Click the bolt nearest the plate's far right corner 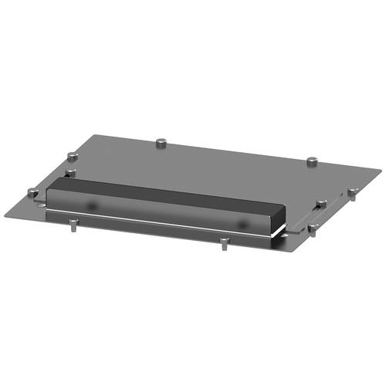pos(312,161)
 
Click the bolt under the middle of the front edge pos(223,244)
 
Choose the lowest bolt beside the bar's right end pos(313,228)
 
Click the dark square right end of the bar pos(280,218)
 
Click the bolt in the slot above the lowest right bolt pos(319,204)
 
